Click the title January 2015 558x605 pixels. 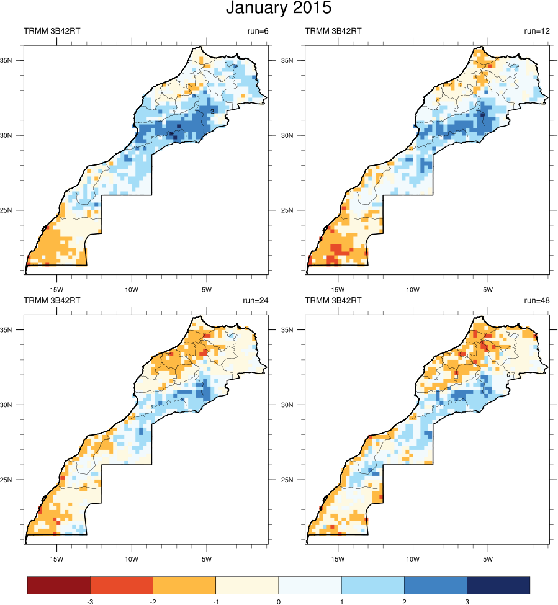coord(279,9)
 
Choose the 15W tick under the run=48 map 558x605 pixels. coord(338,558)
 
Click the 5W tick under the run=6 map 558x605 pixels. coord(207,289)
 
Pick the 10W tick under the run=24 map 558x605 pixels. coord(132,558)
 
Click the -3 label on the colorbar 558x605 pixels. coord(90,601)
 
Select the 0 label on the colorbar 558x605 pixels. coord(278,601)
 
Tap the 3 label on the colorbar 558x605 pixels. coord(466,601)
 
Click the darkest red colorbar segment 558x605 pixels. coord(59,585)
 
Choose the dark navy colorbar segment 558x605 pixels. coord(498,585)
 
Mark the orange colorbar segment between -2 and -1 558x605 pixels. coord(184,585)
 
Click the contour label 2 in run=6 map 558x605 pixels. coord(212,111)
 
